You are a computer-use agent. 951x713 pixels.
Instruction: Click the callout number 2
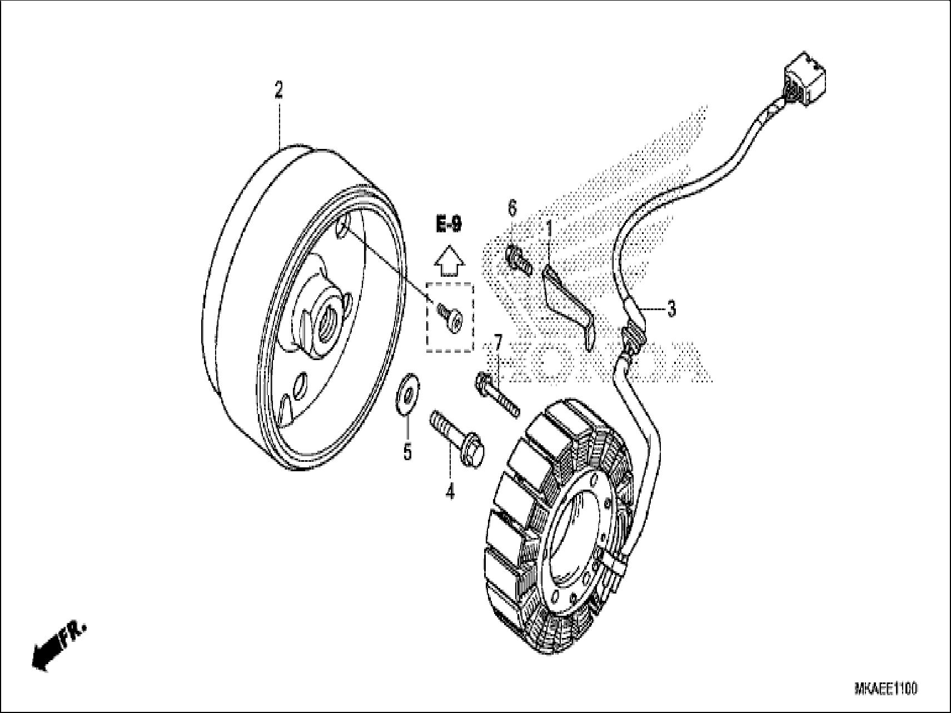[278, 91]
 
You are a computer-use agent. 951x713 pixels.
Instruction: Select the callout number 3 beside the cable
[671, 308]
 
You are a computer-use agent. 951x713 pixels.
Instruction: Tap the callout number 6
[512, 210]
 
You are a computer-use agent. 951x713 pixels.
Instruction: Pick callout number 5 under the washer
[407, 452]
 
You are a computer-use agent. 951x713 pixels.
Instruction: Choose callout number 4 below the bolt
[450, 491]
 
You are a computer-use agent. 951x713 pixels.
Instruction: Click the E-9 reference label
[448, 225]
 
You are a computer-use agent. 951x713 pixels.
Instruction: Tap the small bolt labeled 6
[519, 260]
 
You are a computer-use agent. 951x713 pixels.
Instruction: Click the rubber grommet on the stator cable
[633, 338]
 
